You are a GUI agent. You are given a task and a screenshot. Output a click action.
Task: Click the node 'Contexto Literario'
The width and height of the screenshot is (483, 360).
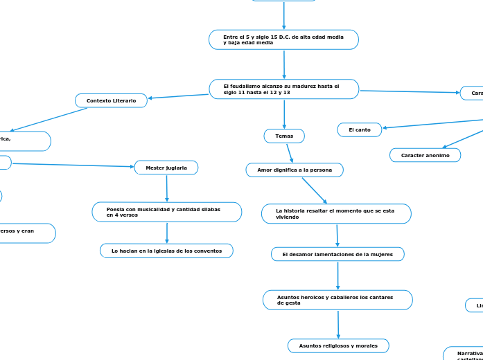111,101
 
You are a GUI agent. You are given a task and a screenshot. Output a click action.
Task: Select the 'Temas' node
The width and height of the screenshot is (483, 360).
284,136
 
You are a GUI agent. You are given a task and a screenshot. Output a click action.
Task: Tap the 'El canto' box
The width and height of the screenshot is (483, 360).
359,129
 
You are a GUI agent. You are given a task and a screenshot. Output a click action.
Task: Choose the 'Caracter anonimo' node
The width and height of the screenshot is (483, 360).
425,155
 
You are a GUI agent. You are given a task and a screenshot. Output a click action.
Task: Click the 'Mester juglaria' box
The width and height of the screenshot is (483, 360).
166,168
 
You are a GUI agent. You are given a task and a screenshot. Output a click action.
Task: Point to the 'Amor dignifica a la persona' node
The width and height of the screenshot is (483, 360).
295,170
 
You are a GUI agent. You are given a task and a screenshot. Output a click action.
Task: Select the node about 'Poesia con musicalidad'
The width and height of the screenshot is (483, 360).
166,212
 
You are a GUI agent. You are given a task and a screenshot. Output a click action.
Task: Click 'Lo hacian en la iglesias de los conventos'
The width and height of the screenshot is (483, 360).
166,251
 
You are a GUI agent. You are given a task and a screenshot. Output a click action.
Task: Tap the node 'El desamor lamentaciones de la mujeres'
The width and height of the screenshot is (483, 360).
337,254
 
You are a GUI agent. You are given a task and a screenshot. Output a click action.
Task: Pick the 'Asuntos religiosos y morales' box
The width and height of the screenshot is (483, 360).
338,345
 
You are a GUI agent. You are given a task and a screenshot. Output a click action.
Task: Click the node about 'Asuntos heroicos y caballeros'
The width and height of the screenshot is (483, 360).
337,300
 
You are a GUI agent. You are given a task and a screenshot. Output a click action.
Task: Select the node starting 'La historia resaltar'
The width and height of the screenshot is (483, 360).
336,213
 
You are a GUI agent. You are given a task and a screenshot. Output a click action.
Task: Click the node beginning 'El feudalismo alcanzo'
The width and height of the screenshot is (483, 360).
283,89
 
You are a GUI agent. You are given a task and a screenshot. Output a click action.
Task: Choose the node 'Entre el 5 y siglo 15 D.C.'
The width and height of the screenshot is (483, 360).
283,39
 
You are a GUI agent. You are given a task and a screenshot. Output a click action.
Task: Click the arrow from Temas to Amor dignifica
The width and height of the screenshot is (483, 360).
290,153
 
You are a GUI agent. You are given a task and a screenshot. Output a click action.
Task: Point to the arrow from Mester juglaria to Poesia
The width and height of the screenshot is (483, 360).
167,188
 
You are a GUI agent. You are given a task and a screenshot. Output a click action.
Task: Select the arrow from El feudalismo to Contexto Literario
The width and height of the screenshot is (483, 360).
178,96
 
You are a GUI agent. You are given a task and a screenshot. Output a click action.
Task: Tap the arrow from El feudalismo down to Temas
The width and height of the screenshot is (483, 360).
284,114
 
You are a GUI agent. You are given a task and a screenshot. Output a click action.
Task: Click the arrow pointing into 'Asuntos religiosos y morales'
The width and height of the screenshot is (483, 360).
338,324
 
